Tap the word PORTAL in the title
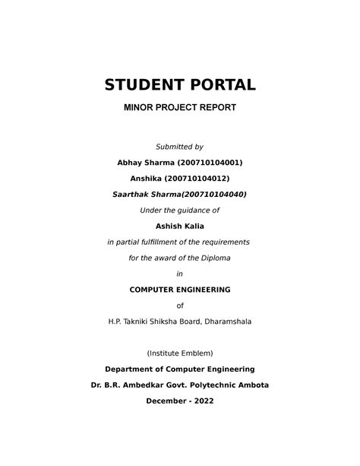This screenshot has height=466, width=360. pyautogui.click(x=220, y=84)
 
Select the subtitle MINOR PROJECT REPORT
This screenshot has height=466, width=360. pyautogui.click(x=180, y=107)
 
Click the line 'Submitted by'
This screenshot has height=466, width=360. pyautogui.click(x=180, y=146)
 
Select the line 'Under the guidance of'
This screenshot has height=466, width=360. pyautogui.click(x=180, y=210)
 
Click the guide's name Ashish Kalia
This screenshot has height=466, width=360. pyautogui.click(x=180, y=226)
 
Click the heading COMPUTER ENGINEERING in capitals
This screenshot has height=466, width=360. pyautogui.click(x=180, y=290)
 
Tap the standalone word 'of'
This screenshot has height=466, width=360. pyautogui.click(x=180, y=306)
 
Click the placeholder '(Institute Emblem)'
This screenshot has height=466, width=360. pyautogui.click(x=180, y=353)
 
